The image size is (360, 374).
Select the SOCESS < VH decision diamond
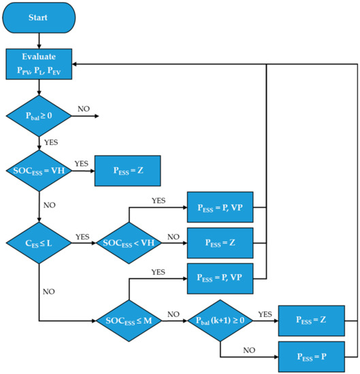129,242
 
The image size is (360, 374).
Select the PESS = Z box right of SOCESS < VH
220,242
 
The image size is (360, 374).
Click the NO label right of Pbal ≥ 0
83,109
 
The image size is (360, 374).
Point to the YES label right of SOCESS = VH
81,164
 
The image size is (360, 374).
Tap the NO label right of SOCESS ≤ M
172,313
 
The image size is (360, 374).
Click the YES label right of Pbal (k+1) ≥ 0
265,313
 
